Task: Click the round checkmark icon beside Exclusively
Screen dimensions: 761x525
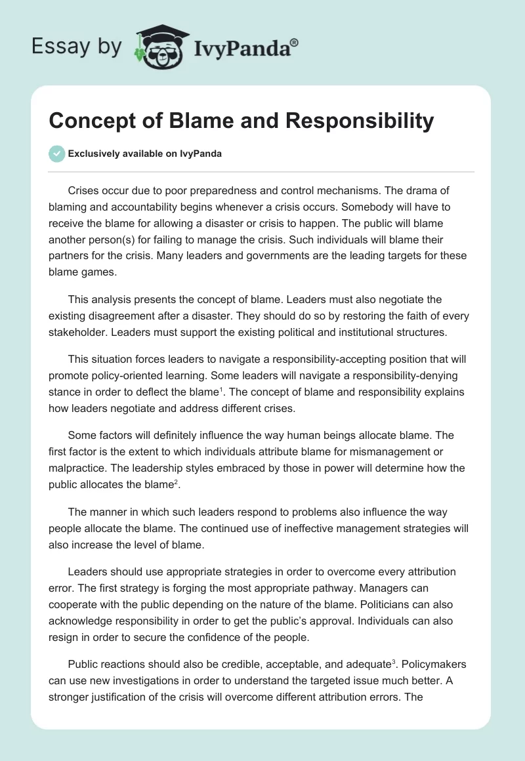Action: [x=56, y=154]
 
